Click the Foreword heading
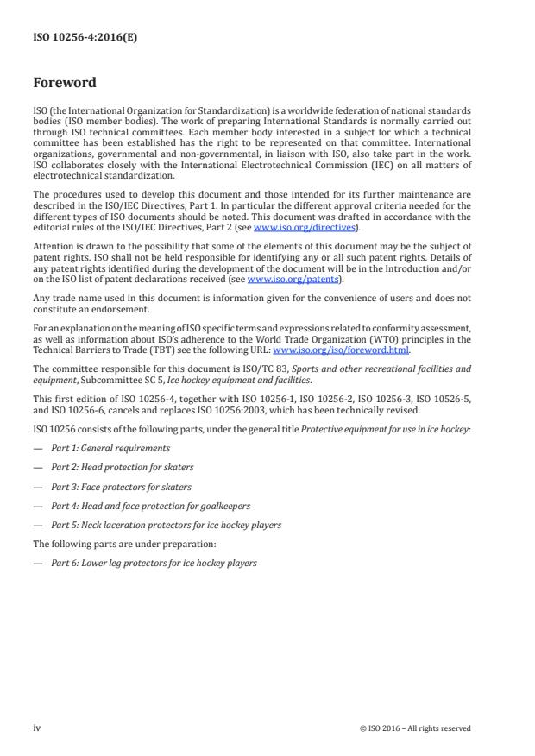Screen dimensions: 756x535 (x=64, y=84)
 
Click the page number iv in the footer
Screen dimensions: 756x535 (x=36, y=728)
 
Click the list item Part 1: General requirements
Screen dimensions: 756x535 (x=110, y=448)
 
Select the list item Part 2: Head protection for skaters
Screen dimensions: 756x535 (x=122, y=467)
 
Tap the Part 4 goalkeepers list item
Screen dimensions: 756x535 (x=142, y=505)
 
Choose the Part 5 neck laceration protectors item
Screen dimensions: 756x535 (x=166, y=525)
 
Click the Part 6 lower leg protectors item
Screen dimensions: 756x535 (x=154, y=563)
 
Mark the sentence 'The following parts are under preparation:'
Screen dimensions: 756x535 (x=114, y=544)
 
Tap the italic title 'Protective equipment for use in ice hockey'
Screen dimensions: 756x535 (x=384, y=429)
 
